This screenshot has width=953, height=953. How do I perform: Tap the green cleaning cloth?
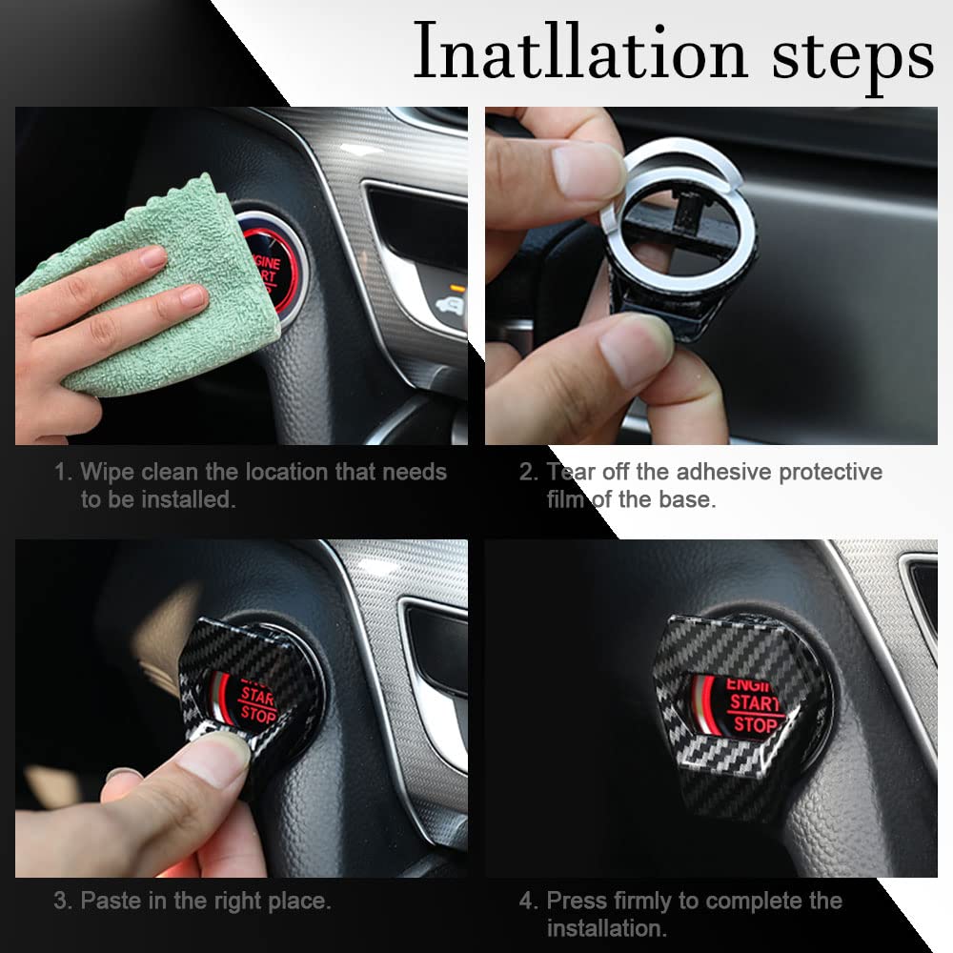point(162,286)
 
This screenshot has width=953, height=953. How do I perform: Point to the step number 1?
point(62,472)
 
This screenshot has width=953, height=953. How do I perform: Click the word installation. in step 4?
point(606,927)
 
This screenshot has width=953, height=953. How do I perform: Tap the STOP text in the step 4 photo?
point(755,726)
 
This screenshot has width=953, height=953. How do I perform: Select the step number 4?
point(528,900)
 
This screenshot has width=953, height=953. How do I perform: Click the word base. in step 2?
point(683,499)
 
